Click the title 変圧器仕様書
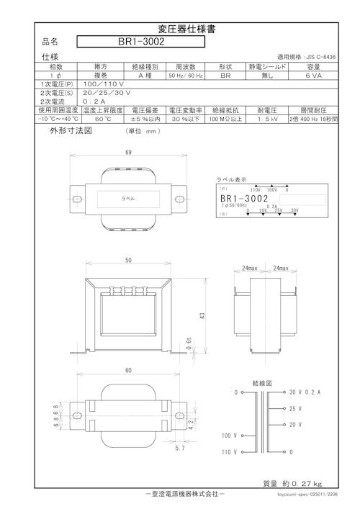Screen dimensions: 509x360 pyautogui.click(x=180, y=30)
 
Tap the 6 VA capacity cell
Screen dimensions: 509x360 pyautogui.click(x=313, y=75)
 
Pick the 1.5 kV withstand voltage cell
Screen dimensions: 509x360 pyautogui.click(x=268, y=120)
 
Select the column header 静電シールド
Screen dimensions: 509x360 pyautogui.click(x=268, y=66)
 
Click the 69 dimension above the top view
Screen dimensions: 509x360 pyautogui.click(x=128, y=153)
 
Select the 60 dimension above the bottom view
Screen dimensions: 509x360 pyautogui.click(x=128, y=370)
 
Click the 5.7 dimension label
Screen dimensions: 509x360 pyautogui.click(x=181, y=449)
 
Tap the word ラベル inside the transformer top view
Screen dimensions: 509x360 pyautogui.click(x=127, y=197)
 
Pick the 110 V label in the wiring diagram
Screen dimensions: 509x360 pyautogui.click(x=230, y=453)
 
